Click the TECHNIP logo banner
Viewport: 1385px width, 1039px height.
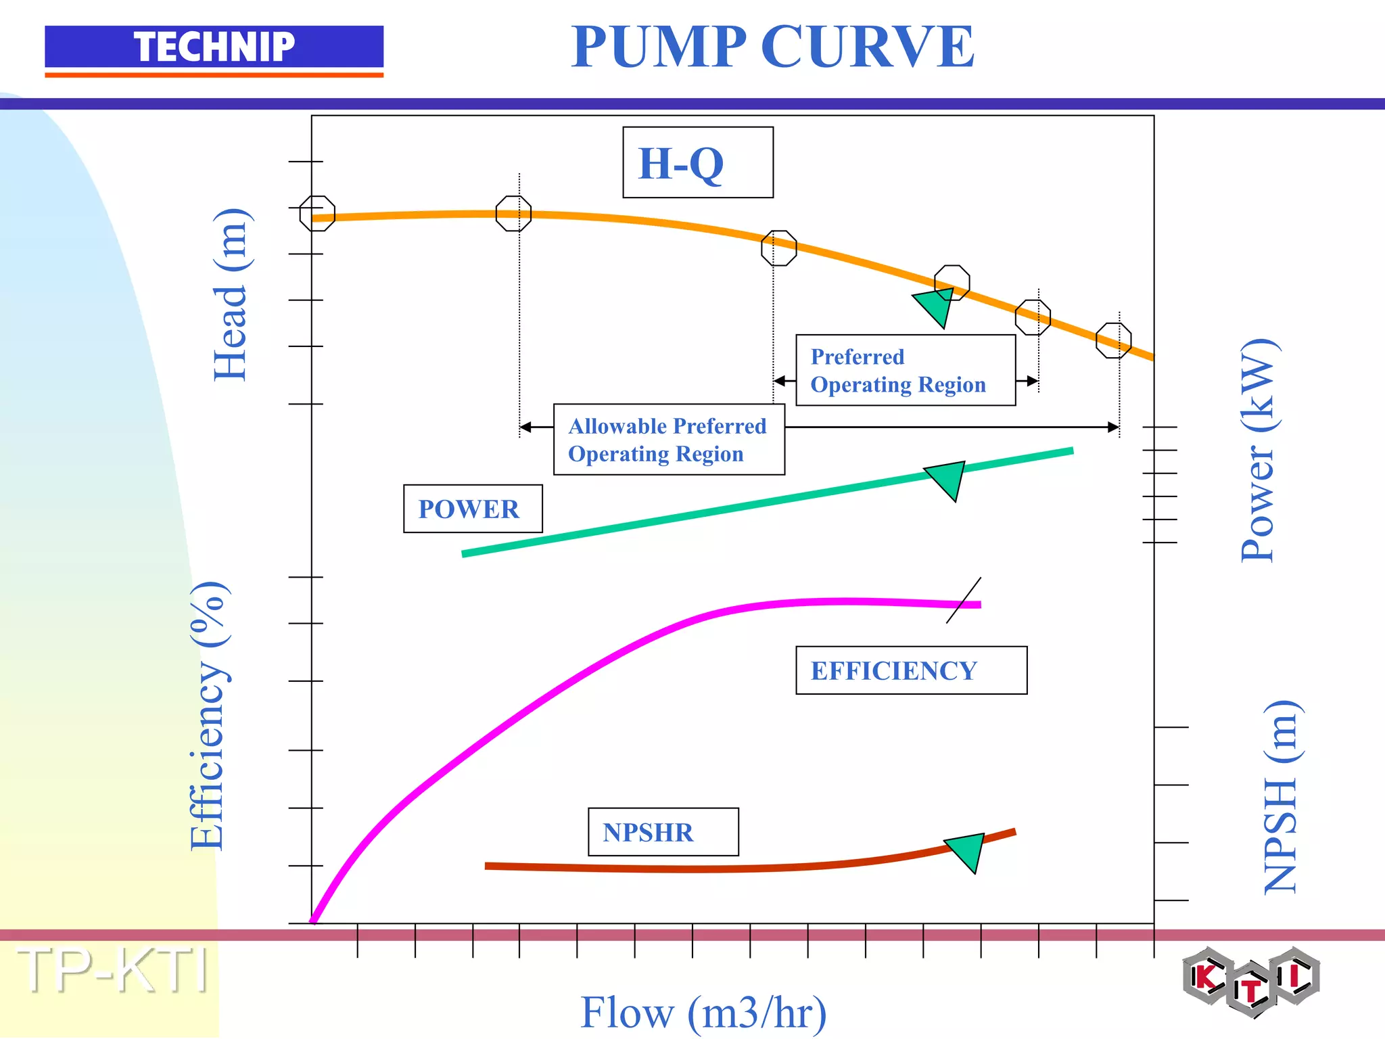[x=214, y=47]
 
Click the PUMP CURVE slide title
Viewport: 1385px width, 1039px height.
[x=772, y=47]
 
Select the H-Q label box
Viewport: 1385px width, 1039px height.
[x=697, y=163]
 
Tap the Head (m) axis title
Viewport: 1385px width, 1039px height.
[x=231, y=295]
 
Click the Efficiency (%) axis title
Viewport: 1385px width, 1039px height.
[x=209, y=715]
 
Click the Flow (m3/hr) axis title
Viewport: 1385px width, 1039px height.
[x=703, y=1013]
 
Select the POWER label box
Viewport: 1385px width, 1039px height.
[x=473, y=509]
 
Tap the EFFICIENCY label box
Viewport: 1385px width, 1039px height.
[x=911, y=670]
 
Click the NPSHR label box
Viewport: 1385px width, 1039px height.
[x=663, y=832]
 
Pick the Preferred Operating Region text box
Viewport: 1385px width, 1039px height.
[x=905, y=371]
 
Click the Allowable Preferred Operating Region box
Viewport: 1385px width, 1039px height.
[x=669, y=440]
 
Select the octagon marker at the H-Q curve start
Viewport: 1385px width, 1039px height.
[x=317, y=214]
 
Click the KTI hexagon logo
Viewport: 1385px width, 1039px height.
[x=1251, y=982]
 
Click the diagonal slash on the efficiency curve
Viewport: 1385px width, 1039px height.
[x=964, y=601]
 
